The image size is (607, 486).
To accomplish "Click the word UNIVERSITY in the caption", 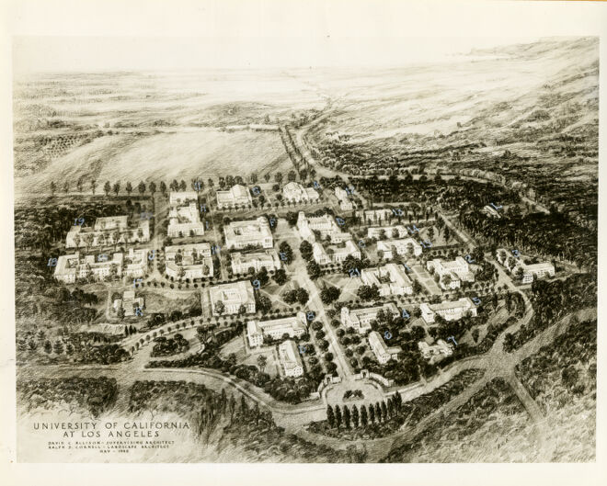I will [x=64, y=426].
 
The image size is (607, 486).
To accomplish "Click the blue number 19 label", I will [x=79, y=221].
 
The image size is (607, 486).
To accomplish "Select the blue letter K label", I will [x=139, y=311].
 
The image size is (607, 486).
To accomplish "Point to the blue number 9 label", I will [x=257, y=285].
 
